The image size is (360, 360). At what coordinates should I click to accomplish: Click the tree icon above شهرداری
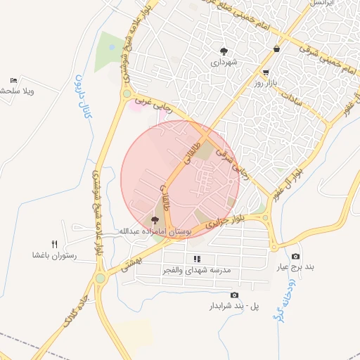click(224, 51)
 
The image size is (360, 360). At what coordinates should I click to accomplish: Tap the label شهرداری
click(225, 62)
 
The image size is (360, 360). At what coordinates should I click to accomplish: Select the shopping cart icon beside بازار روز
click(265, 72)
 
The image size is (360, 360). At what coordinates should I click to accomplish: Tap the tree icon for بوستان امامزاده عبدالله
click(155, 220)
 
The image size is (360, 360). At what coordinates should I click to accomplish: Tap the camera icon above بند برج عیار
click(295, 256)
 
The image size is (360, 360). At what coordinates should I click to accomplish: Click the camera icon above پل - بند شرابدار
click(234, 295)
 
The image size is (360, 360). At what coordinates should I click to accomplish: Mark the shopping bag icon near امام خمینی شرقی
click(277, 49)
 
